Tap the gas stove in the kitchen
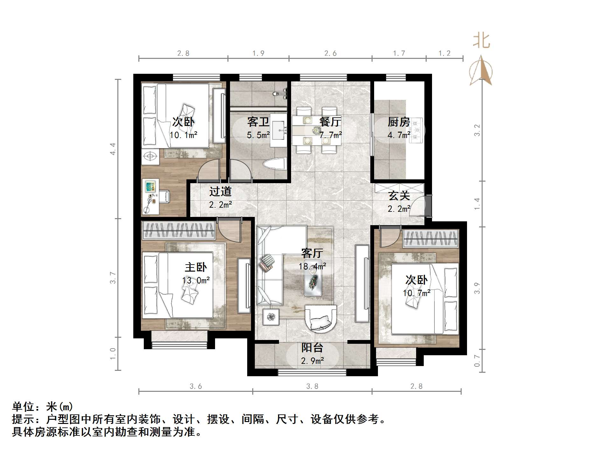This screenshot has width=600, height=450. click(416, 130)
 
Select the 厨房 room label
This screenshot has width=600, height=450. click(399, 122)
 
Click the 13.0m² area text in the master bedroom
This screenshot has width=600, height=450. click(196, 280)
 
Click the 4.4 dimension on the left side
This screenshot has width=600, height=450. click(113, 149)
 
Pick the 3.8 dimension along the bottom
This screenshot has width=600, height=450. click(312, 386)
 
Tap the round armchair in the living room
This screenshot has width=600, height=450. click(321, 319)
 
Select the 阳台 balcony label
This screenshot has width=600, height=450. click(312, 348)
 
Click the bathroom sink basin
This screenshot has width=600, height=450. click(279, 130)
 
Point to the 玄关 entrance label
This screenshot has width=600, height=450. click(399, 196)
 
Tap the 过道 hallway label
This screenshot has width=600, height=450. click(220, 191)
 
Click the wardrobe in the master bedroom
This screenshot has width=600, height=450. click(179, 230)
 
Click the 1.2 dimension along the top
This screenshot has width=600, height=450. click(444, 53)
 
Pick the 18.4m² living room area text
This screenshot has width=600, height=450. click(312, 266)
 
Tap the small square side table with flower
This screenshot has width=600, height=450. click(271, 317)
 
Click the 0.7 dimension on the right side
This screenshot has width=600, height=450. click(477, 360)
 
